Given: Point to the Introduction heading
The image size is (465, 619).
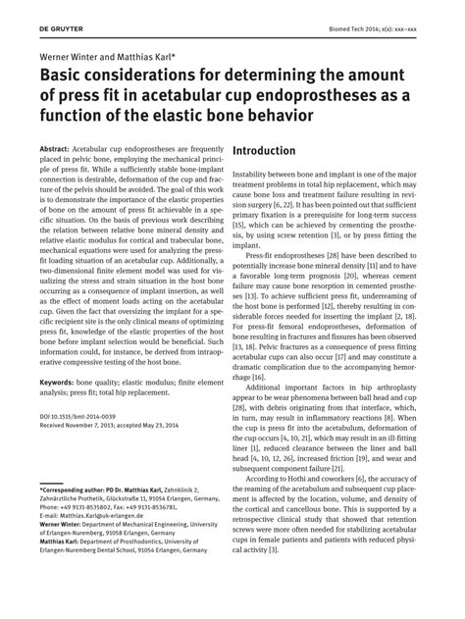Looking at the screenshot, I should [x=264, y=151].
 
